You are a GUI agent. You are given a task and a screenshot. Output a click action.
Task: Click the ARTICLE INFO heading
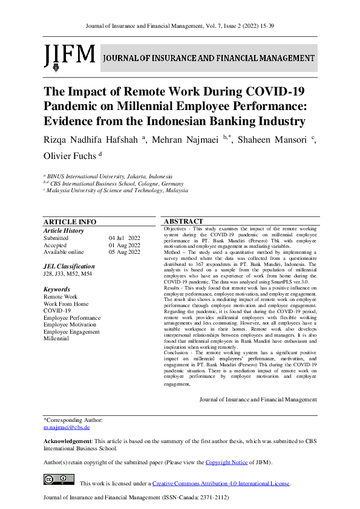(x=70, y=222)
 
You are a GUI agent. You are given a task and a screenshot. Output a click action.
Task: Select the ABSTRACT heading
(x=183, y=221)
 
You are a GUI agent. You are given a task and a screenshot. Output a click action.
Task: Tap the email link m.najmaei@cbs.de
(x=67, y=427)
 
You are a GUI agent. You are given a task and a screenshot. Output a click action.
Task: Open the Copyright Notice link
(x=227, y=462)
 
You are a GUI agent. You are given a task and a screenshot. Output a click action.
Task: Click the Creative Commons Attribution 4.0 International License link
(x=221, y=484)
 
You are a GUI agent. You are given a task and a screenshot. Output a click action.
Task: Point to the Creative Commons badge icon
(x=59, y=480)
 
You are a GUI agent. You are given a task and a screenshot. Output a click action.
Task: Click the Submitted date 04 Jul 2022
(x=125, y=238)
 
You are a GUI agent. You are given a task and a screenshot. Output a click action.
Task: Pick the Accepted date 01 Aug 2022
(x=125, y=245)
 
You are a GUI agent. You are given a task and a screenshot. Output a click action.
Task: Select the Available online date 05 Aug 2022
(x=125, y=252)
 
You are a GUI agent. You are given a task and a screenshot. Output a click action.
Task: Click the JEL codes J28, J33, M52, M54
(x=68, y=274)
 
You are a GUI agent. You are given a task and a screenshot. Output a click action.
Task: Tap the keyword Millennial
(x=57, y=339)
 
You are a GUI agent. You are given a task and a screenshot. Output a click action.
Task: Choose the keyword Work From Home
(x=66, y=304)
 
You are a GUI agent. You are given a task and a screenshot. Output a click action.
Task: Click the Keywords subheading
(x=57, y=290)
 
